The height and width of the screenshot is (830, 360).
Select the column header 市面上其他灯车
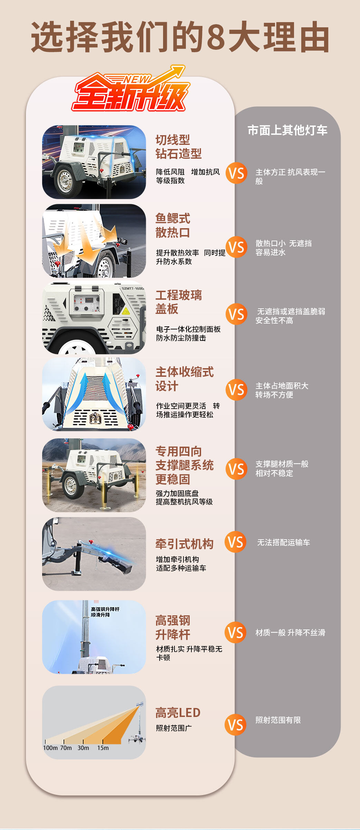click(x=287, y=130)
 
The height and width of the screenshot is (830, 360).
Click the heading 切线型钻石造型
click(x=179, y=147)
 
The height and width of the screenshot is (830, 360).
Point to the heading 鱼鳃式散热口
click(x=173, y=225)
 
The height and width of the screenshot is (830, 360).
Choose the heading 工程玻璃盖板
click(x=179, y=302)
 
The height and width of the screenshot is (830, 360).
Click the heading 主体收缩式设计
click(x=184, y=379)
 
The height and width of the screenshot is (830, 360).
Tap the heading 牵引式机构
click(x=184, y=544)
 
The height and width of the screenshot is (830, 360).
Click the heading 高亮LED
click(x=178, y=712)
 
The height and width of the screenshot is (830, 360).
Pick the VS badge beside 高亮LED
click(x=236, y=725)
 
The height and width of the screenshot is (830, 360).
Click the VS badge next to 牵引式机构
click(x=236, y=542)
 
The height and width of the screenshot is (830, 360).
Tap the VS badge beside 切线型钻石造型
click(x=236, y=173)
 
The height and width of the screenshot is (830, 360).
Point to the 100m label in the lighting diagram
click(x=50, y=748)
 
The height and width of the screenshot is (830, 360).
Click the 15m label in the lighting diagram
click(x=103, y=748)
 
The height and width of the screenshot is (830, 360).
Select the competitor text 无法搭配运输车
click(x=283, y=542)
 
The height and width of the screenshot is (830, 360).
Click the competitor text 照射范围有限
click(x=278, y=720)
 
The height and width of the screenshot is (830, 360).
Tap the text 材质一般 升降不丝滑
click(x=290, y=632)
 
